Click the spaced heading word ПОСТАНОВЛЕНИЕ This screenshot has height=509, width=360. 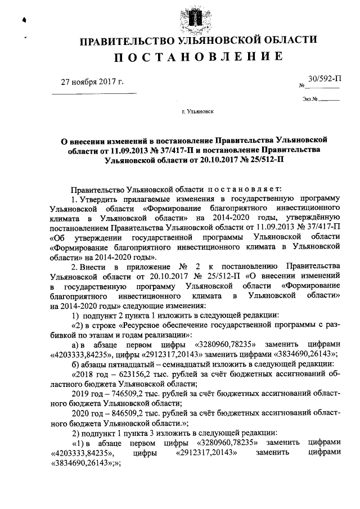(199, 57)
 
